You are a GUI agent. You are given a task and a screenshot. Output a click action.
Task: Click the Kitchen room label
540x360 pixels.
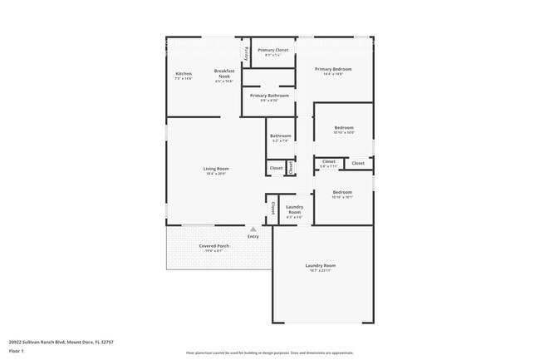coord(184,73)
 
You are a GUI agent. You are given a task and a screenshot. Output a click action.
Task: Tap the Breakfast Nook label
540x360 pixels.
coord(224,73)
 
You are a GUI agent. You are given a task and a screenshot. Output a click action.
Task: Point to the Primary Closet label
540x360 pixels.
coord(272,51)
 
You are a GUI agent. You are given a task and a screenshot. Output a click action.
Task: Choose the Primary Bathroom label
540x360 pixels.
coord(268,96)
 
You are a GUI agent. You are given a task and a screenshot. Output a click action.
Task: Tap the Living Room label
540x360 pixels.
coord(216,169)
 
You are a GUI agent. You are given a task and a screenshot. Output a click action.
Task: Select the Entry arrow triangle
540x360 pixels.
coord(253,229)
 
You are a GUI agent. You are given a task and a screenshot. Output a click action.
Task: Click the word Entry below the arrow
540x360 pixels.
coord(253,236)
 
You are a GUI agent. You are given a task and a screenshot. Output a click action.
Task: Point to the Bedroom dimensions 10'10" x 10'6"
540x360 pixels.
coord(343,132)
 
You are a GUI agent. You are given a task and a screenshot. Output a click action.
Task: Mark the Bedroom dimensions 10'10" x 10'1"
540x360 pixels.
coord(343,197)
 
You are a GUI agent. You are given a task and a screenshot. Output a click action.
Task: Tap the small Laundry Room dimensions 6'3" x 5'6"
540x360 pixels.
coord(294,217)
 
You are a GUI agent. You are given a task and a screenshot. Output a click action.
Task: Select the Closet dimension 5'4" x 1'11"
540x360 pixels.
coord(329,166)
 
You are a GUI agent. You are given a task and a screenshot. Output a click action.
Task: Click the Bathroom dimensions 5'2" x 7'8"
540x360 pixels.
coord(280,141)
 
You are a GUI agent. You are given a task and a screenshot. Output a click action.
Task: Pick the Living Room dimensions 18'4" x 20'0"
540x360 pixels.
coord(216,174)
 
